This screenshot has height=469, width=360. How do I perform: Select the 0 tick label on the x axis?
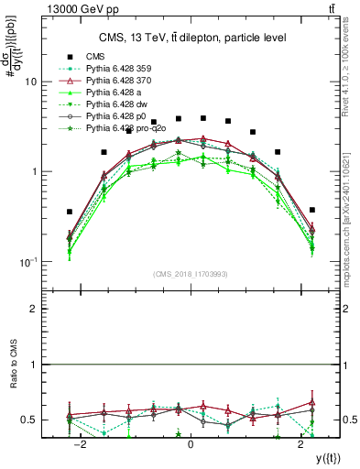pyautogui.click(x=191, y=444)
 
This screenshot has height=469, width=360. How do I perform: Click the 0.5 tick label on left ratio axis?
pyautogui.click(x=30, y=420)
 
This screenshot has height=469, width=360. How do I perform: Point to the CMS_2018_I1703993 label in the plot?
pyautogui.click(x=191, y=273)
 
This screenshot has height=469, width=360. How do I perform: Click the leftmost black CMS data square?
pyautogui.click(x=70, y=212)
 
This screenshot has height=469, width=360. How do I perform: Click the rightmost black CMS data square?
pyautogui.click(x=312, y=210)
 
